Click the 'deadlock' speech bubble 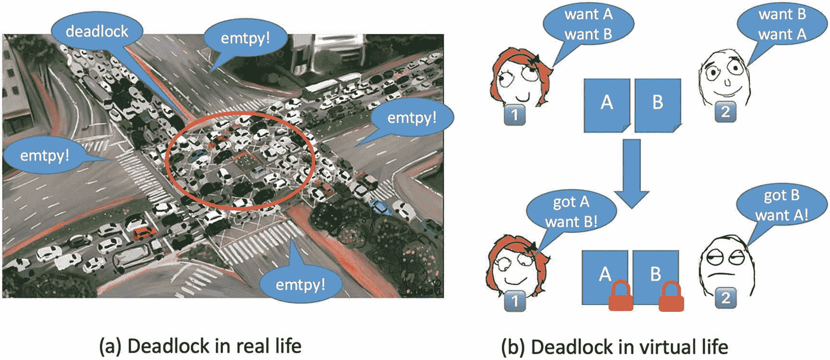coord(97,31)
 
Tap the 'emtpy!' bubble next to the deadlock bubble coord(245,38)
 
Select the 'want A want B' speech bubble coord(588,24)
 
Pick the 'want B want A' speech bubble coord(782,24)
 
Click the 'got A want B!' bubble coord(571,212)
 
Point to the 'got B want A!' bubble coord(781,205)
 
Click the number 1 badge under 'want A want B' coord(514,115)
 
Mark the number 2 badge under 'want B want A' coord(725,112)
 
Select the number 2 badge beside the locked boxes coord(726,298)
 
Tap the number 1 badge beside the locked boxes coord(515,301)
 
